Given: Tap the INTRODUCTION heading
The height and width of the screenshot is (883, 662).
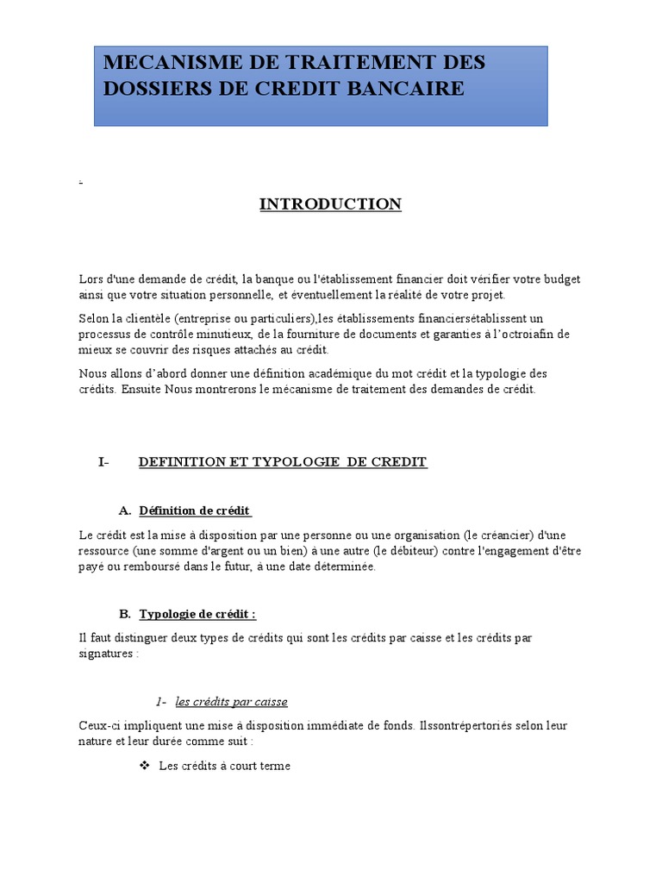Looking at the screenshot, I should pos(331,204).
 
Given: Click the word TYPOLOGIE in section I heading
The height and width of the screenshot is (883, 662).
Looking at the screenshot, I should pos(297,462).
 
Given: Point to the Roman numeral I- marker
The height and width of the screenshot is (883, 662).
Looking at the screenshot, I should pos(104,462).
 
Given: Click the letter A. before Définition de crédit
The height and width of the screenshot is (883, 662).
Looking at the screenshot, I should pos(124,510).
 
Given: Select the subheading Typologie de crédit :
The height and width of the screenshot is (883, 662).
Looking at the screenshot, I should pos(197,614).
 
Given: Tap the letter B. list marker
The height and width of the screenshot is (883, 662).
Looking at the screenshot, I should pos(124,614).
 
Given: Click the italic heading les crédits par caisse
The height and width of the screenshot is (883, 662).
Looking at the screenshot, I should pos(231,701).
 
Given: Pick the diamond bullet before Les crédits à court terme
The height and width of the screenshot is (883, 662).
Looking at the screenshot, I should pos(145,766).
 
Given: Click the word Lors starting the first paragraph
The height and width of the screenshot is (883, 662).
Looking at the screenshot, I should pos(90,279).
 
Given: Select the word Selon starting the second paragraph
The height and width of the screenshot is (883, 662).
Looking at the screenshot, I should pos(93,318).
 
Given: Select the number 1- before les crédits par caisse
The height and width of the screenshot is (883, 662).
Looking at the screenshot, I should pos(161,701).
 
